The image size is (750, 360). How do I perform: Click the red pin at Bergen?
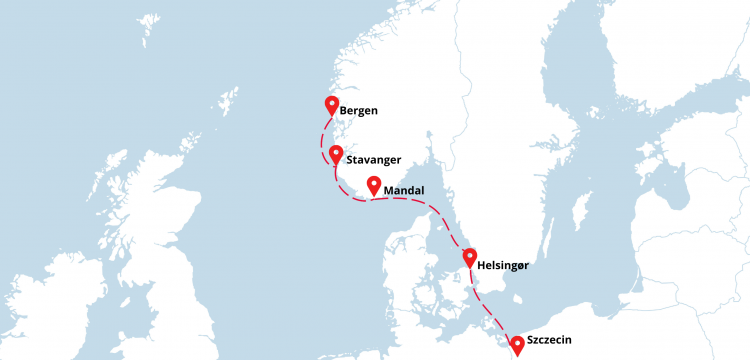(332, 105)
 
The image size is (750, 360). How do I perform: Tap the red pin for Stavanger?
(337, 155)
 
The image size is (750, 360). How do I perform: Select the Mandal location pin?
(374, 185)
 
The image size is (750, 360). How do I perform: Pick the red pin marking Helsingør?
(469, 258)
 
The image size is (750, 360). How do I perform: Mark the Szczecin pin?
(517, 345)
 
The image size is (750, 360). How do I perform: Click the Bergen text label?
(358, 111)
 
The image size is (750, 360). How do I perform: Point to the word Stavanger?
(374, 160)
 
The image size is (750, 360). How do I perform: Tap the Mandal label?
(404, 190)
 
